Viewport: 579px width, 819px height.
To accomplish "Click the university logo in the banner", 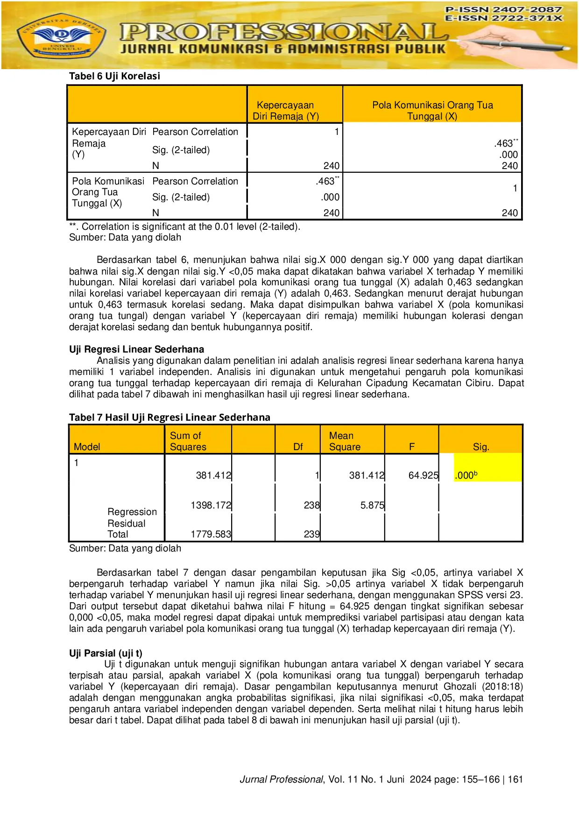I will [x=61, y=36].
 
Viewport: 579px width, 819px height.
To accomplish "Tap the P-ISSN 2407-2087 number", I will [x=503, y=9].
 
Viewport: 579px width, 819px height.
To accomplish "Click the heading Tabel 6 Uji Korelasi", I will [x=114, y=76].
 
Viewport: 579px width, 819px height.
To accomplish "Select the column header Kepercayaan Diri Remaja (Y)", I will [x=286, y=111].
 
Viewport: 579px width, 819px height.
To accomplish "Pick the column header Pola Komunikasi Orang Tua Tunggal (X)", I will [x=432, y=111].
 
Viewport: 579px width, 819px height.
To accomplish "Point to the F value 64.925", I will [x=423, y=475].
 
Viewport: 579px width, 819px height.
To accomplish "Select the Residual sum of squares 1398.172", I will [x=211, y=505].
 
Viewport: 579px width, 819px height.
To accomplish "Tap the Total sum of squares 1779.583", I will [x=211, y=534].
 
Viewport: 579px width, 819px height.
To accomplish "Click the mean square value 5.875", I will [x=372, y=505].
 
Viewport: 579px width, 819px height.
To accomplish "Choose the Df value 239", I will [x=311, y=534].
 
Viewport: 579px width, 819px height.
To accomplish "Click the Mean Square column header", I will [x=345, y=441].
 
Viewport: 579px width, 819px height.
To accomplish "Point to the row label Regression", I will [x=132, y=512].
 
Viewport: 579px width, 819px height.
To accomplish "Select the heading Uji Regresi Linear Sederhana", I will [x=136, y=349].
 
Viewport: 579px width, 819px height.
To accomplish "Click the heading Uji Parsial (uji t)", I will [x=106, y=653].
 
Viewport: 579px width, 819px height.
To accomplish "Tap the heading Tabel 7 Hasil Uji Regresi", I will [x=169, y=417].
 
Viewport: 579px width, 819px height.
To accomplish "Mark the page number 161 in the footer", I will [x=515, y=779].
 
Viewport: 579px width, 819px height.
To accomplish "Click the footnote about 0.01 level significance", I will [x=184, y=227].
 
